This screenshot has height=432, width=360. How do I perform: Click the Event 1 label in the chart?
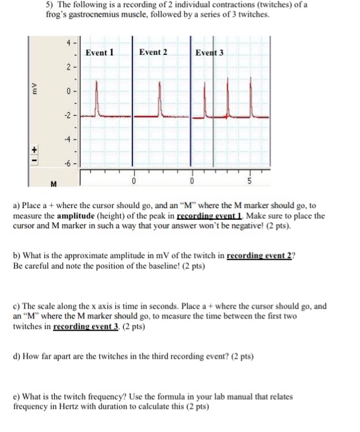[x=100, y=52]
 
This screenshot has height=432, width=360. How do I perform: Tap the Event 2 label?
[x=153, y=52]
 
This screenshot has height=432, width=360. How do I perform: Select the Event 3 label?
[x=210, y=52]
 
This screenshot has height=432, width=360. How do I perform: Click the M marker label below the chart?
[x=54, y=183]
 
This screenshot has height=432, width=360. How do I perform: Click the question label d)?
[x=17, y=356]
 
